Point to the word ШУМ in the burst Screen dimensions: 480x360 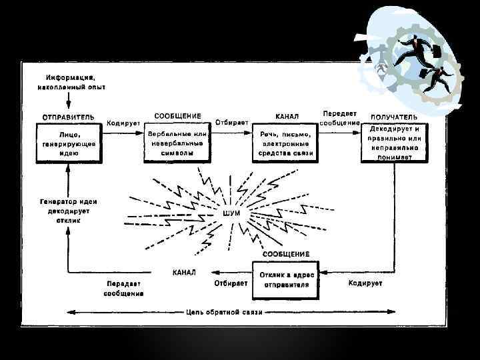tap(231, 212)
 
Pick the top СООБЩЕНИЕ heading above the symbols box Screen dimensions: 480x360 tap(177, 115)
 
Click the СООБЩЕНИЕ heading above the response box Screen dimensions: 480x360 tap(286, 254)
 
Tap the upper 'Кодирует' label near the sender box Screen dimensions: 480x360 tap(123, 123)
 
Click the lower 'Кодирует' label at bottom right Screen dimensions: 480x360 tap(365, 283)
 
